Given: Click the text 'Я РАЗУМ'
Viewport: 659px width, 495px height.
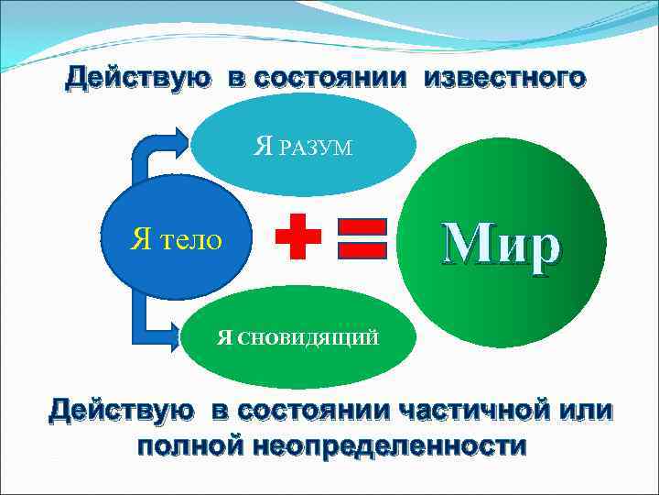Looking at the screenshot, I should (x=303, y=147).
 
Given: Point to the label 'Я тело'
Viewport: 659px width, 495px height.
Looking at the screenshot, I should (x=177, y=240).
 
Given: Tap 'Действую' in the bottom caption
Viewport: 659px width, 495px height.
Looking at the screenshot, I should (x=122, y=410).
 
